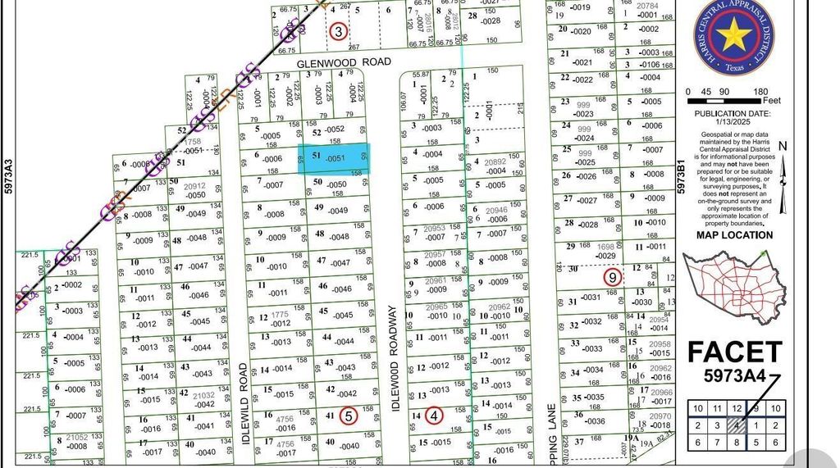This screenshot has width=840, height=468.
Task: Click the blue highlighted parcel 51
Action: [333, 157]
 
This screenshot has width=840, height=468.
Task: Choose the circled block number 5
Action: [349, 416]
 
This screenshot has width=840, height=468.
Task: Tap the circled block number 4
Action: [434, 416]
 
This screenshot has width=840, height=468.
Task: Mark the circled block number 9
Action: [612, 278]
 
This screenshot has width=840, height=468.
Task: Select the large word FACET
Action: [734, 352]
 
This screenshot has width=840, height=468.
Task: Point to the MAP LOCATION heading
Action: [734, 235]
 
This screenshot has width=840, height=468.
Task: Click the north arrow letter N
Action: [783, 148]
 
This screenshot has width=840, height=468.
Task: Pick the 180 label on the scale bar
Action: [760, 92]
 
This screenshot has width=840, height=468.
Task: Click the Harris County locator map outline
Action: [734, 287]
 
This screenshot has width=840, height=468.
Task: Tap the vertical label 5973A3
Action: [8, 178]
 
